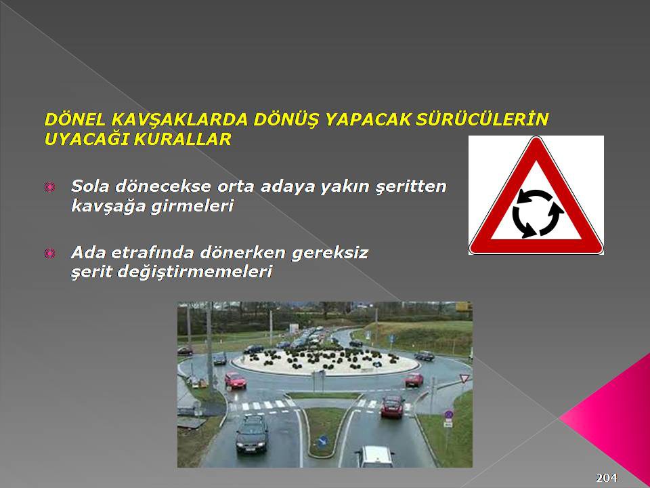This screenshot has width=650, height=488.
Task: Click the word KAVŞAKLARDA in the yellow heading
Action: point(180,119)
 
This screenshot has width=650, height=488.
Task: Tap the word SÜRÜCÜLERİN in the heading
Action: point(482,119)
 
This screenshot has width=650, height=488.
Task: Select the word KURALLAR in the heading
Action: point(183,139)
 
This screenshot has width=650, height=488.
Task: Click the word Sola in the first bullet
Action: point(90,186)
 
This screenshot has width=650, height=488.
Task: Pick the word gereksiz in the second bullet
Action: point(330,253)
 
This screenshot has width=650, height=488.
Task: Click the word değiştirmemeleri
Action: point(195,272)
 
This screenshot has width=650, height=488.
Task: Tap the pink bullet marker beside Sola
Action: point(49,187)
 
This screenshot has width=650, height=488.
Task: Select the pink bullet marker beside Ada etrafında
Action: point(49,253)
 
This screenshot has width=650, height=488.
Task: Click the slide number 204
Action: point(607,478)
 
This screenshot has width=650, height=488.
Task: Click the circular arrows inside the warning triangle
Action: point(538,213)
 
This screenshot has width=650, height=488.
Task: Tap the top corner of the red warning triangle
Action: point(537,137)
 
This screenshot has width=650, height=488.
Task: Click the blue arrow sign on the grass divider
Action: point(323,441)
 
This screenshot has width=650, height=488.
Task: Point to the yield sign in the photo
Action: point(464,378)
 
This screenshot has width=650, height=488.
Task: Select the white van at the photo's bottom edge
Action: point(375,456)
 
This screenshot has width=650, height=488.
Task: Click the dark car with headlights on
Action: point(252,433)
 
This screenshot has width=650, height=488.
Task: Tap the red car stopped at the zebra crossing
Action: point(392,407)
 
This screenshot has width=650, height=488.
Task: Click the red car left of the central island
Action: point(236,380)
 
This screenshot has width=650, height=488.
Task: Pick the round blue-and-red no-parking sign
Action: point(448,414)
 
